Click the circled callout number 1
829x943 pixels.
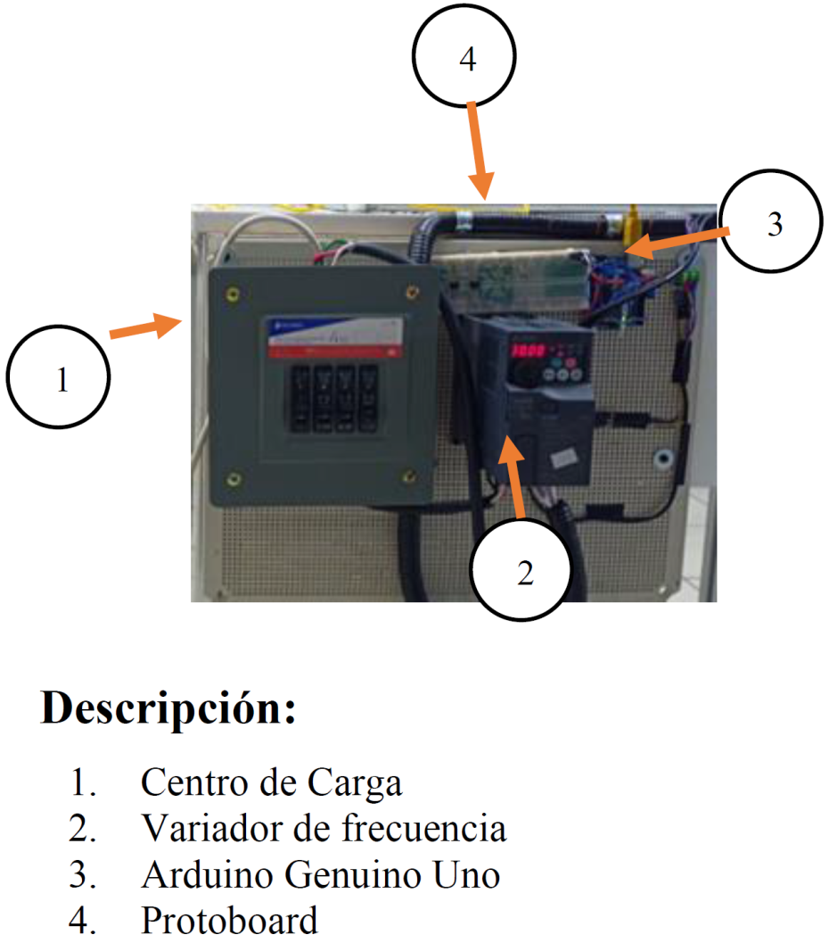(58, 379)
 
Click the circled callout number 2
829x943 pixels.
(524, 572)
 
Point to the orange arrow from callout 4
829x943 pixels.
(478, 148)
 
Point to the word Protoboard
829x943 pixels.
(229, 921)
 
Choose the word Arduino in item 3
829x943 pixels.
(197, 876)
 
